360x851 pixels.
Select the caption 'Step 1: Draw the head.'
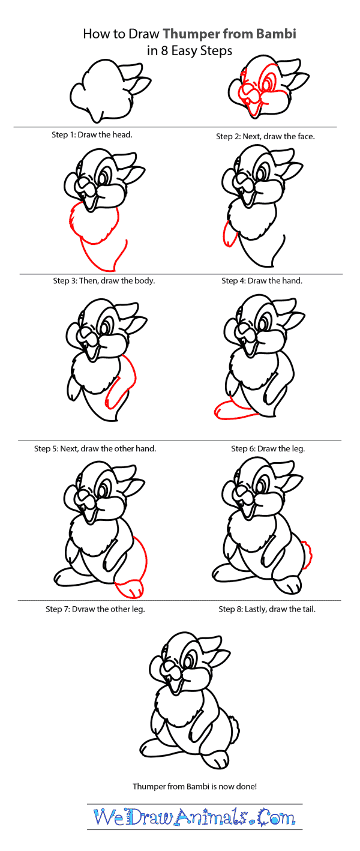point(92,135)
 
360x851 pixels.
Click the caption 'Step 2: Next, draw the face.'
point(265,136)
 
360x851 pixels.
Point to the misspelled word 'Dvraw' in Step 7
point(85,609)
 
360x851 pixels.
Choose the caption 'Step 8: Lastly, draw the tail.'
point(267,609)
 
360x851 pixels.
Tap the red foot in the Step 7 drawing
point(130,589)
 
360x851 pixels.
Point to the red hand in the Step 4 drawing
point(227,235)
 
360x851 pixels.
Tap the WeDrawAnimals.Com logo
point(194,817)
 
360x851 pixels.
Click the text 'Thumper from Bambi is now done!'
point(194,786)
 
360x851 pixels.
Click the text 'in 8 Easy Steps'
point(189,51)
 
